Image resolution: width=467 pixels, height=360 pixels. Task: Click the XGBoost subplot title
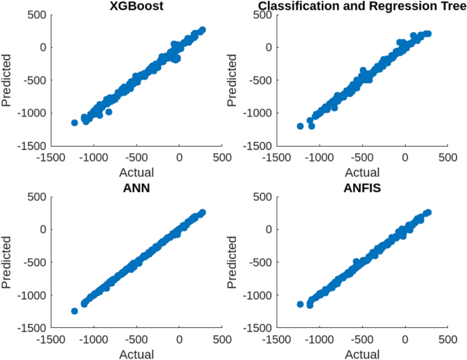[x=136, y=7]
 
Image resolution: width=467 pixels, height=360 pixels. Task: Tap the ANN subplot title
[x=136, y=189]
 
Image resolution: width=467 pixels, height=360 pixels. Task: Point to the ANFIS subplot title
[x=362, y=189]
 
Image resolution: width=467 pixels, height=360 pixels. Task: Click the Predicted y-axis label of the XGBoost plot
[x=7, y=80]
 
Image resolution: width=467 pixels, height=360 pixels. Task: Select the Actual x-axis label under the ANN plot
[x=136, y=354]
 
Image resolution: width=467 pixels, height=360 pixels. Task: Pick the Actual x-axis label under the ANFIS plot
[x=362, y=354]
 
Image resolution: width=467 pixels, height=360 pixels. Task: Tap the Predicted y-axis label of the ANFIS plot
[x=234, y=262]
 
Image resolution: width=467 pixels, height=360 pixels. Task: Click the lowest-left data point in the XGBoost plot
[x=74, y=123]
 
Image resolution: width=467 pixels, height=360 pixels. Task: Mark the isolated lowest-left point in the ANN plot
[x=74, y=311]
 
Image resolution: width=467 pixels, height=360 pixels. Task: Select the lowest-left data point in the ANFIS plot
[x=300, y=304]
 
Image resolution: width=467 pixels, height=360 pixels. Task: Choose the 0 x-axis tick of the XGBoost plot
[x=179, y=157]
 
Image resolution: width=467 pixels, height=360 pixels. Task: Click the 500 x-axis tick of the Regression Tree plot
[x=447, y=157]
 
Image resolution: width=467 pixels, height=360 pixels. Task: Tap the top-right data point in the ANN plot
[x=202, y=213]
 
